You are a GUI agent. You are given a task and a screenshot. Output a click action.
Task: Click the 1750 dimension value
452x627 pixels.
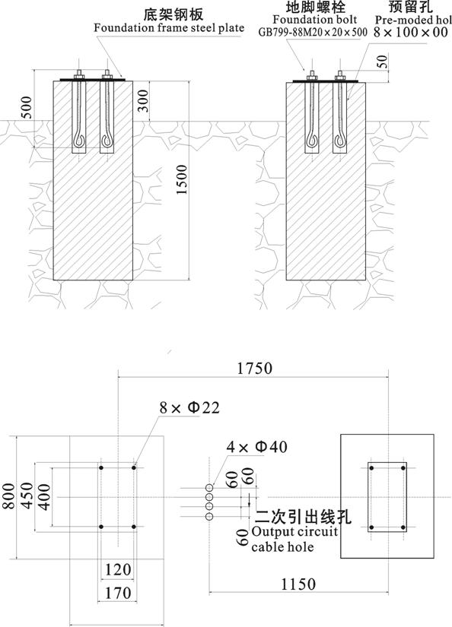[x=255, y=369]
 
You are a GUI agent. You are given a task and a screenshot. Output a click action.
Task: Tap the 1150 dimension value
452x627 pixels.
[x=298, y=584]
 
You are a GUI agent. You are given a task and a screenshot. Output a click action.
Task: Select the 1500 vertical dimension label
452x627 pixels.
[x=181, y=179]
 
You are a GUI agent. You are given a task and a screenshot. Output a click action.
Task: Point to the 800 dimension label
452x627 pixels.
[x=9, y=496]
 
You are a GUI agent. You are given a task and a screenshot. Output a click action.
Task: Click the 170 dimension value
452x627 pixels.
[x=118, y=593]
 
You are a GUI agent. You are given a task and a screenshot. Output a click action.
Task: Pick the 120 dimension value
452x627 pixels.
[x=118, y=569]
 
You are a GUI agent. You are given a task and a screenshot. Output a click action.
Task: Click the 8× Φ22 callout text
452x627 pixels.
[x=189, y=407]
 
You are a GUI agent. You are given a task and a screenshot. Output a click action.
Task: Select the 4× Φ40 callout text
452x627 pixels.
[x=256, y=447]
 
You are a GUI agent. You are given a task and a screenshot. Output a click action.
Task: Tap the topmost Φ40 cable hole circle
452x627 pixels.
[x=209, y=487]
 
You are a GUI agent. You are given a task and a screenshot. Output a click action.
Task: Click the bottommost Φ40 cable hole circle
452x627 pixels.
[x=209, y=516]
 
